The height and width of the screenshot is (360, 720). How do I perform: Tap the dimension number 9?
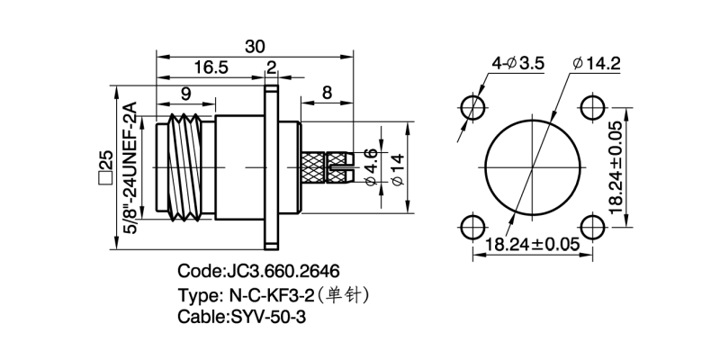(x=185, y=92)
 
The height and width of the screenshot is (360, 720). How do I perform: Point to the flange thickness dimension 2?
(x=271, y=67)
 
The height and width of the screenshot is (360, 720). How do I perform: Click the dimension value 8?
(x=327, y=92)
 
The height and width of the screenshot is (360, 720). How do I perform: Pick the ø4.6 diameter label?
(x=371, y=167)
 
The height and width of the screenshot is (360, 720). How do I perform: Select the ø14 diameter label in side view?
(x=396, y=167)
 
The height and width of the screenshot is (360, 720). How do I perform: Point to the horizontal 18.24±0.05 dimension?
(x=531, y=243)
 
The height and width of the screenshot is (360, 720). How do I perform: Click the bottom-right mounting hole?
(x=591, y=227)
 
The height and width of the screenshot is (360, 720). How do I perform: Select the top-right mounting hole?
(x=591, y=107)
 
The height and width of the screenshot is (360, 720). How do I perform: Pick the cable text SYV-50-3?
(x=267, y=317)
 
